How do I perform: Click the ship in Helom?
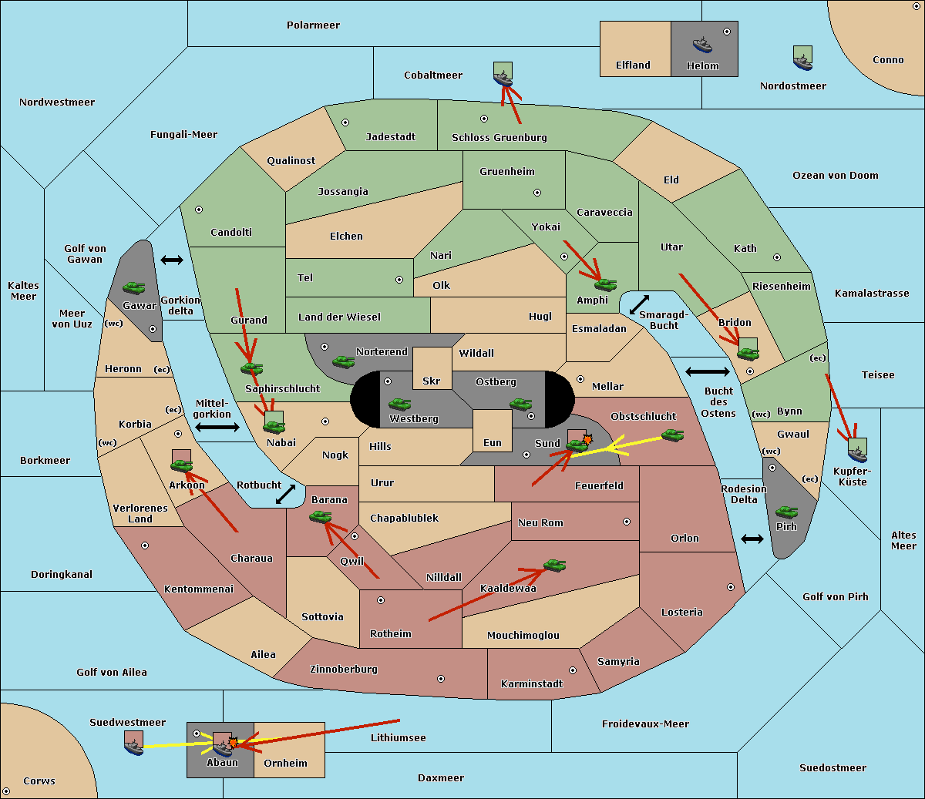point(702,45)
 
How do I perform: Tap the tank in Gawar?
point(134,287)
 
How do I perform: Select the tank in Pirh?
point(786,512)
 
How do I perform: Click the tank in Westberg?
point(399,404)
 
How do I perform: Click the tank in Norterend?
point(343,361)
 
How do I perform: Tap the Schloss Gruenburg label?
point(499,137)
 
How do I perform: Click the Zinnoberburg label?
point(344,669)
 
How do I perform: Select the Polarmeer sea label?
point(313,25)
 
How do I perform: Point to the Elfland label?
point(633,65)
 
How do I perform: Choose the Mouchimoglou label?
point(523,635)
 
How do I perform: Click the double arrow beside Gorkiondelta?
point(172,260)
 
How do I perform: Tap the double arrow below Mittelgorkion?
point(217,427)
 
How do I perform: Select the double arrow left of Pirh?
point(752,539)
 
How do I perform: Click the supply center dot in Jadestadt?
point(345,123)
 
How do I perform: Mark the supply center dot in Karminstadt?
point(573,670)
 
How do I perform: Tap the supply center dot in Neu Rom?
point(627,522)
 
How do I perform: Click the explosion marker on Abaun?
point(233,742)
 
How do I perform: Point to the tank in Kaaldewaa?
point(554,565)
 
